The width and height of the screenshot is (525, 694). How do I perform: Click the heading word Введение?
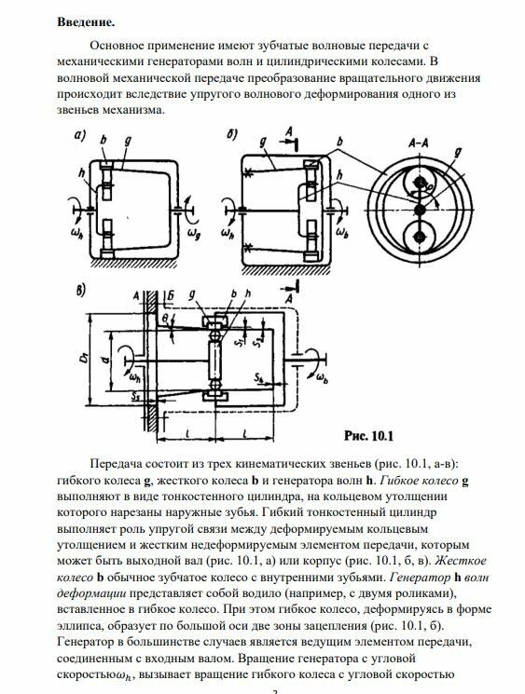pyautogui.click(x=86, y=22)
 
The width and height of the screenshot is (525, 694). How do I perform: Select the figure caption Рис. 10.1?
pyautogui.click(x=368, y=436)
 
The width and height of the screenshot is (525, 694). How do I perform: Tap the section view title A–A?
pyautogui.click(x=418, y=143)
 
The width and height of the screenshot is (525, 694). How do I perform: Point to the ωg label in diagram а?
pyautogui.click(x=194, y=232)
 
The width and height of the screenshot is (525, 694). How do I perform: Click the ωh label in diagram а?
pyautogui.click(x=76, y=233)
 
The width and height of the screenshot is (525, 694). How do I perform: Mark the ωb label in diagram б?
pyautogui.click(x=341, y=232)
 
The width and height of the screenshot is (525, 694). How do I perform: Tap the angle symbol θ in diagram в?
pyautogui.click(x=165, y=318)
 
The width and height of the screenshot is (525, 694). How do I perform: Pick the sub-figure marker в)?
pyautogui.click(x=80, y=292)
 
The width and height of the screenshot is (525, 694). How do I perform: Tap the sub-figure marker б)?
pyautogui.click(x=232, y=134)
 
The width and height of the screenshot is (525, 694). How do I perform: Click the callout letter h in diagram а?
pyautogui.click(x=81, y=173)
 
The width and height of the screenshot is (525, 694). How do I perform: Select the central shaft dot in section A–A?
pyautogui.click(x=419, y=209)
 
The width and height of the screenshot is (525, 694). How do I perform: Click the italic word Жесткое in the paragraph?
pyautogui.click(x=461, y=561)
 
